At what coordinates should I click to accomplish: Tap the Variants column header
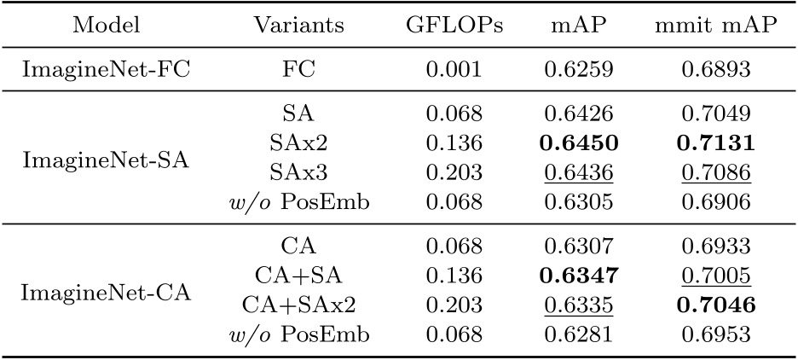point(299,26)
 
